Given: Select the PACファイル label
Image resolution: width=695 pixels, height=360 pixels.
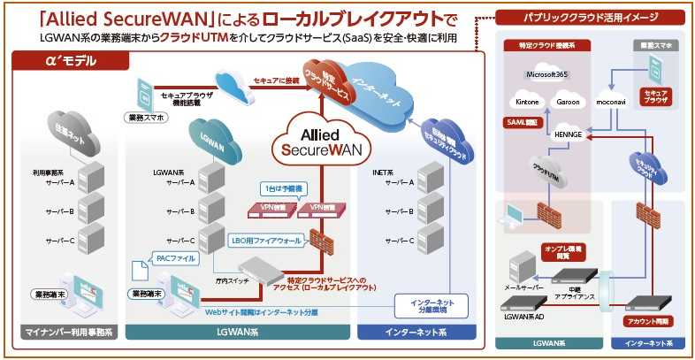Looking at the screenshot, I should point(172,258).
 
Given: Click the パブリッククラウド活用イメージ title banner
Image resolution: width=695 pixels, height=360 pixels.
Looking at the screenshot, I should point(587,17).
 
